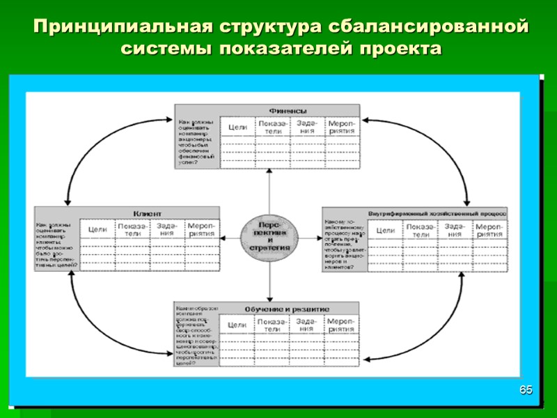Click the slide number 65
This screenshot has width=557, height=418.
[x=526, y=389]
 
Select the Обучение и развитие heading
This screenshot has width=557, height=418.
[x=287, y=309]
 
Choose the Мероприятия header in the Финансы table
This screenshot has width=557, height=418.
[x=342, y=127]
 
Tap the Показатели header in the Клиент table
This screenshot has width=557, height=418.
[x=132, y=229]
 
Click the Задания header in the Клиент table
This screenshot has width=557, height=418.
[x=167, y=229]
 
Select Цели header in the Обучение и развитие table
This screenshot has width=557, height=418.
[x=237, y=325]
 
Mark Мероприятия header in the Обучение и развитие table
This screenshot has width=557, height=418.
[x=342, y=325]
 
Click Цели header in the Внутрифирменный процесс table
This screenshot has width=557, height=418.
[x=385, y=231]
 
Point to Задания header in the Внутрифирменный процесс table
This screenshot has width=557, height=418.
[x=455, y=230]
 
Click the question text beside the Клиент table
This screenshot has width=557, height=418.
[x=57, y=245]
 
